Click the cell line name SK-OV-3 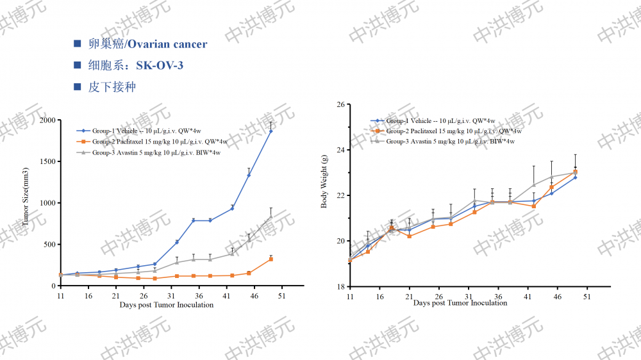click(x=164, y=65)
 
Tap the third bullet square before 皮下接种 click(x=78, y=86)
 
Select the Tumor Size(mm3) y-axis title click(x=26, y=197)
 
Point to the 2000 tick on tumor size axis click(x=47, y=120)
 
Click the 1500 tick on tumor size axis click(x=47, y=161)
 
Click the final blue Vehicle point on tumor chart click(x=271, y=131)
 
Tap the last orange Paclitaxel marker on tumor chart click(x=271, y=259)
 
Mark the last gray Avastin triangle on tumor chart click(x=271, y=217)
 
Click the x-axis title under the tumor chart click(x=166, y=306)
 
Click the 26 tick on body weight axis click(x=340, y=104)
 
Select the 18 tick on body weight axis click(x=340, y=286)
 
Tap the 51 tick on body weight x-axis click(x=586, y=297)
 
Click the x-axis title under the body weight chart click(x=460, y=304)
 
